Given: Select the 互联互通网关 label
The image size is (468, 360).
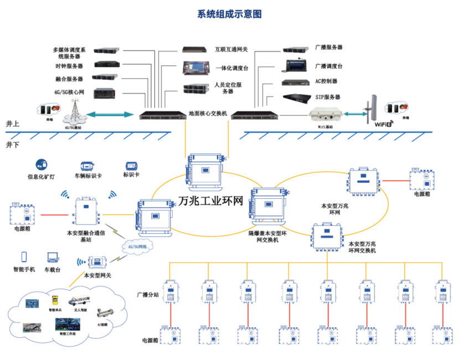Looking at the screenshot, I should click(232, 49).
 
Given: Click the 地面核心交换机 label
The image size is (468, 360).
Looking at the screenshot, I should click(208, 113).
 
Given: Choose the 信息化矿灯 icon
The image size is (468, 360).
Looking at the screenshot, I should click(40, 164).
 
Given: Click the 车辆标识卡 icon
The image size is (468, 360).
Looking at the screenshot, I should click(88, 166).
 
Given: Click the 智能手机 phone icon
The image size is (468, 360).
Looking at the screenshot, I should click(24, 257).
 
